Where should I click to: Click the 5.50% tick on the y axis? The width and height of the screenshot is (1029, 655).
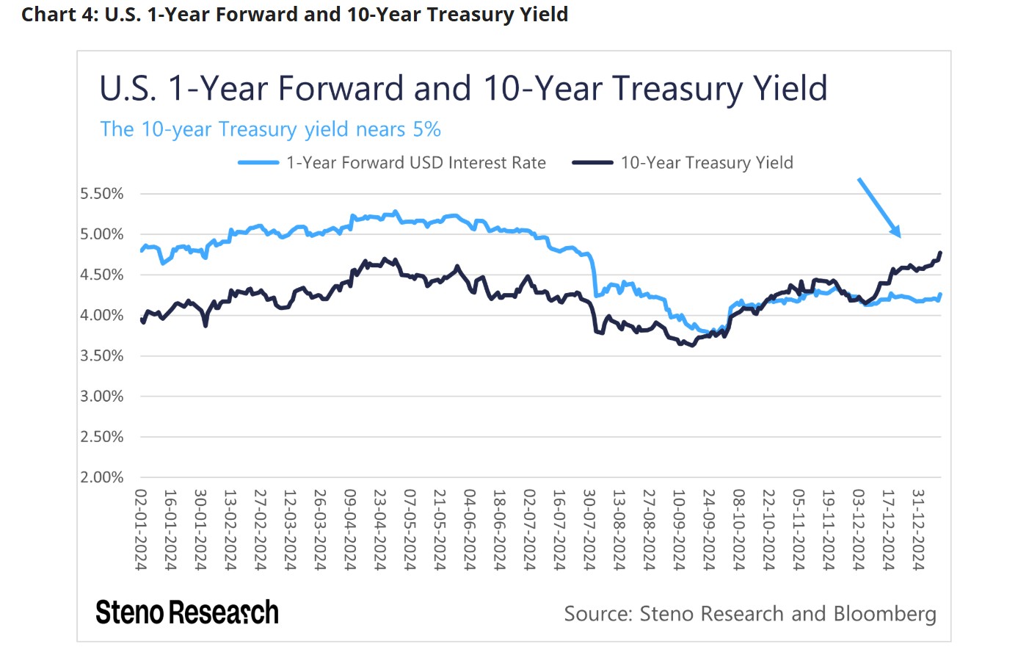(x=102, y=194)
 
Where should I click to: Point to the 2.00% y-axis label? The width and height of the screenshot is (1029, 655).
(x=102, y=477)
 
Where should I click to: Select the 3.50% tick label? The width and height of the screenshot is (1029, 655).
(x=102, y=356)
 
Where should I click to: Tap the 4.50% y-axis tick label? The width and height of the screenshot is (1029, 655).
(x=102, y=275)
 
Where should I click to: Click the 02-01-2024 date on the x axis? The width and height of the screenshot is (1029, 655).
(x=141, y=529)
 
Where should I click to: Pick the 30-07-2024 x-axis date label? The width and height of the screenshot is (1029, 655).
(x=589, y=529)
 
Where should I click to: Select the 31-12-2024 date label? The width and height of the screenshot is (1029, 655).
(x=918, y=529)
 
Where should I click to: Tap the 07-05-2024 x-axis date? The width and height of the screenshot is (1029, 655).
(x=410, y=529)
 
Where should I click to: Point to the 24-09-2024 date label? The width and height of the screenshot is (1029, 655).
(x=709, y=529)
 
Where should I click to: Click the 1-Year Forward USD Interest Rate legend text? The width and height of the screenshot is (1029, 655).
(x=416, y=163)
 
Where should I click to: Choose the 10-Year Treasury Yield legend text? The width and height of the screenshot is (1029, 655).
(x=707, y=163)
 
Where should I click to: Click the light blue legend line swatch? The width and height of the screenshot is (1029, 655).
(x=258, y=163)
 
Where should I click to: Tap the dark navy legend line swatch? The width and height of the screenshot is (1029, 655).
(x=592, y=163)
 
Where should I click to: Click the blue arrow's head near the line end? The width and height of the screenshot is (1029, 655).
(x=898, y=234)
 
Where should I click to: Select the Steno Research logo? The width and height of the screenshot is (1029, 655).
(x=187, y=612)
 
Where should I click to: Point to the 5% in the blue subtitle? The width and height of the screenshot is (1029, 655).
(x=427, y=130)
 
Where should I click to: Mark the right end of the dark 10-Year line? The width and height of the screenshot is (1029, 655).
(x=941, y=253)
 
